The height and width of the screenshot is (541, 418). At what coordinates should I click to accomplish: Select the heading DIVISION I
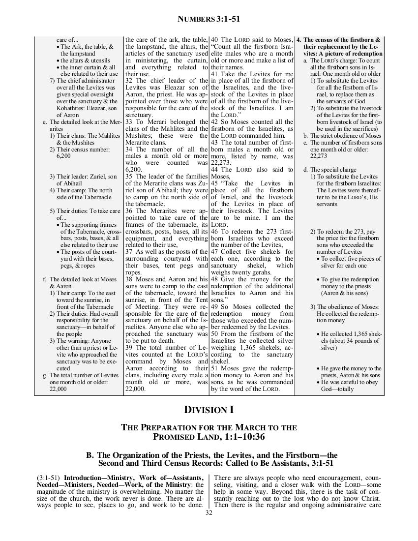[209, 409]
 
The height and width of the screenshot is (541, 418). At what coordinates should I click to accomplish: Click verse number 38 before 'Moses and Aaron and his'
[130, 280]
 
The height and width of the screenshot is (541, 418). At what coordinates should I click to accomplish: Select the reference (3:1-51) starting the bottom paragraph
[49, 478]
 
